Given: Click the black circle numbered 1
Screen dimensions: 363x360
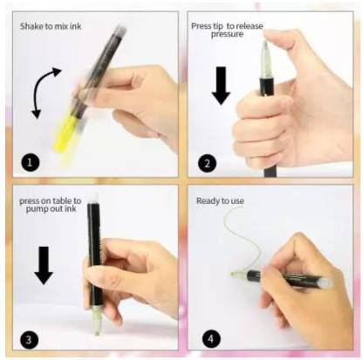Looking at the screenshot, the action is pyautogui.click(x=30, y=163).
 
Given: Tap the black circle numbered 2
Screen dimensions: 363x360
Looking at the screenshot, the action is pyautogui.click(x=207, y=163).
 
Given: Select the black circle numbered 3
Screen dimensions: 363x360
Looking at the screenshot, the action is pyautogui.click(x=30, y=339).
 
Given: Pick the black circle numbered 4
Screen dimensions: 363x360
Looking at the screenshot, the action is pyautogui.click(x=210, y=339).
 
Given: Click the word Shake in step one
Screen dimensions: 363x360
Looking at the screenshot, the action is pyautogui.click(x=31, y=26).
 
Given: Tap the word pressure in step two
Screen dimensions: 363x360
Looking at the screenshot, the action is pyautogui.click(x=227, y=35).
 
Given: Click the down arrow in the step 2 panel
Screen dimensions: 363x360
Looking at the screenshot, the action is pyautogui.click(x=221, y=85).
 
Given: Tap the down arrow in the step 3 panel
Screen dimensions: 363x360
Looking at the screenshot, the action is pyautogui.click(x=44, y=265).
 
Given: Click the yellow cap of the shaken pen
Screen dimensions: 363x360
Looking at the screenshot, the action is pyautogui.click(x=66, y=133).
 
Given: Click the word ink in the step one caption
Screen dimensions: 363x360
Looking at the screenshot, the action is pyautogui.click(x=75, y=26).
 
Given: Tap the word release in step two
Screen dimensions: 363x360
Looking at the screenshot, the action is pyautogui.click(x=249, y=26).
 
